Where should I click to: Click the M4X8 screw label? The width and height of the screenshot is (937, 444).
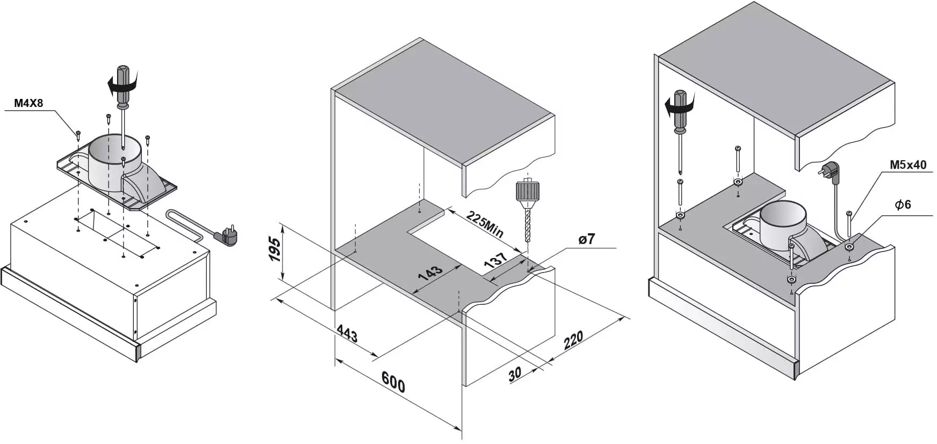click(x=28, y=103)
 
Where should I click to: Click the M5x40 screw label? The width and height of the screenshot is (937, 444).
click(x=908, y=165)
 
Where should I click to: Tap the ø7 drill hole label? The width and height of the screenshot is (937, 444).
click(x=587, y=239)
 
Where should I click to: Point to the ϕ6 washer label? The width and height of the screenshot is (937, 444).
click(x=903, y=204)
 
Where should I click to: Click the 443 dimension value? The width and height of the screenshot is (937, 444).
click(x=347, y=334)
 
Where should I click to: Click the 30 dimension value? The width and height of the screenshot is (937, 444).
click(x=515, y=374)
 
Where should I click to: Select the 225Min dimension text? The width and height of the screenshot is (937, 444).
click(x=485, y=224)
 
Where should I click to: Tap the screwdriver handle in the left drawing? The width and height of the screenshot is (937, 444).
click(x=123, y=83)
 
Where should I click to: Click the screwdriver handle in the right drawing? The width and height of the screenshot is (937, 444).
click(x=680, y=110)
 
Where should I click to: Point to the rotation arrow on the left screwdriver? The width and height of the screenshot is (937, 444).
click(x=121, y=84)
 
